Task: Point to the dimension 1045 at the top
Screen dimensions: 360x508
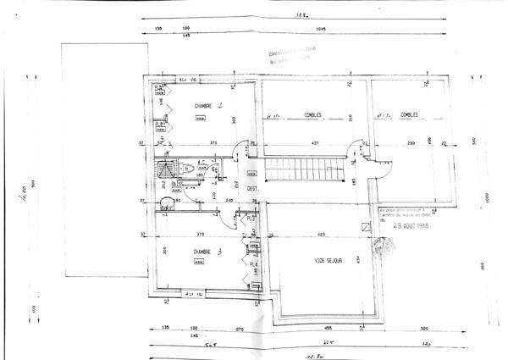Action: tap(319, 30)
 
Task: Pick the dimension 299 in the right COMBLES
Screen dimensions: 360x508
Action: tap(410, 143)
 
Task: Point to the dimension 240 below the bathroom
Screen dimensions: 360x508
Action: tap(205, 200)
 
